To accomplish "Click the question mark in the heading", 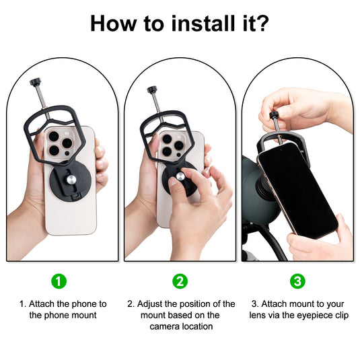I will tap(262, 24).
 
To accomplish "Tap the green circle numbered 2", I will tap(180, 281).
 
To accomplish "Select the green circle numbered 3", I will tap(297, 281).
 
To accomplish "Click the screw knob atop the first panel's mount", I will tap(34, 83).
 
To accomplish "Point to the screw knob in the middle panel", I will tap(152, 89).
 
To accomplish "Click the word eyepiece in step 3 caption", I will tap(316, 315).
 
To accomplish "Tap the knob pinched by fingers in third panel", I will tap(275, 116).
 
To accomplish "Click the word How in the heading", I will tap(112, 24).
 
